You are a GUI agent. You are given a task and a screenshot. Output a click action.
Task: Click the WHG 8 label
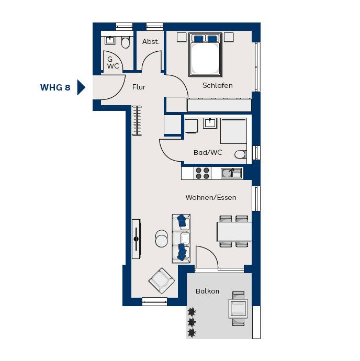[x=55, y=87]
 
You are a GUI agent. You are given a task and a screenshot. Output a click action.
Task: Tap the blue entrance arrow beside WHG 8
[x=81, y=87]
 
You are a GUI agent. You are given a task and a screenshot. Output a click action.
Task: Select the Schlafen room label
[x=218, y=86]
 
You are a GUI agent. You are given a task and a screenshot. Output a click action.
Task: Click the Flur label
[x=139, y=87]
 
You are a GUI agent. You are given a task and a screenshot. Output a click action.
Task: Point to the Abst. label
[x=151, y=42]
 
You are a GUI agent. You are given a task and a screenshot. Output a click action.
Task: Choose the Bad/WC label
[x=208, y=152]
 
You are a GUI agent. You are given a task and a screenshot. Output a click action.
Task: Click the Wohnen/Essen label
[x=211, y=198]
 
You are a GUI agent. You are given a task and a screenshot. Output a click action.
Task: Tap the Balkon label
[x=207, y=291]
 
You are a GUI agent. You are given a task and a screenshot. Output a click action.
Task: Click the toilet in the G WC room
[x=126, y=42]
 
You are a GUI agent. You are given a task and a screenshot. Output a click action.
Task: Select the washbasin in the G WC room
[x=110, y=40]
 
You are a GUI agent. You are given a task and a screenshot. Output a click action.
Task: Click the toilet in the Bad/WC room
[x=241, y=154]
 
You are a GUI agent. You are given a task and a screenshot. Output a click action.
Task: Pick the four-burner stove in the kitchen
[x=202, y=173]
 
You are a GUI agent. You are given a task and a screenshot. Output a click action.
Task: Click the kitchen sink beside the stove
[x=231, y=173]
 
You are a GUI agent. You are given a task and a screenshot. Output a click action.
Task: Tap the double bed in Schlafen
[x=205, y=55]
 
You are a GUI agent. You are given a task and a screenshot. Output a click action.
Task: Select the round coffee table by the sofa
[x=162, y=239]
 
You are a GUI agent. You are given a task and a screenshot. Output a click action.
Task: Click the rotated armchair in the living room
[x=162, y=280]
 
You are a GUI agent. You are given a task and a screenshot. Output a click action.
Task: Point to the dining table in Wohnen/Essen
[x=234, y=231]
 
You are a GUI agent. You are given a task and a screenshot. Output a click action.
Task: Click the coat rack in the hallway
[x=137, y=120]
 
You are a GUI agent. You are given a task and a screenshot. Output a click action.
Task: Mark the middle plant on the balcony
[x=192, y=322]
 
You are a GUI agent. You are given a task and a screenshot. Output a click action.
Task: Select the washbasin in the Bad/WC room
[x=210, y=123]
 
